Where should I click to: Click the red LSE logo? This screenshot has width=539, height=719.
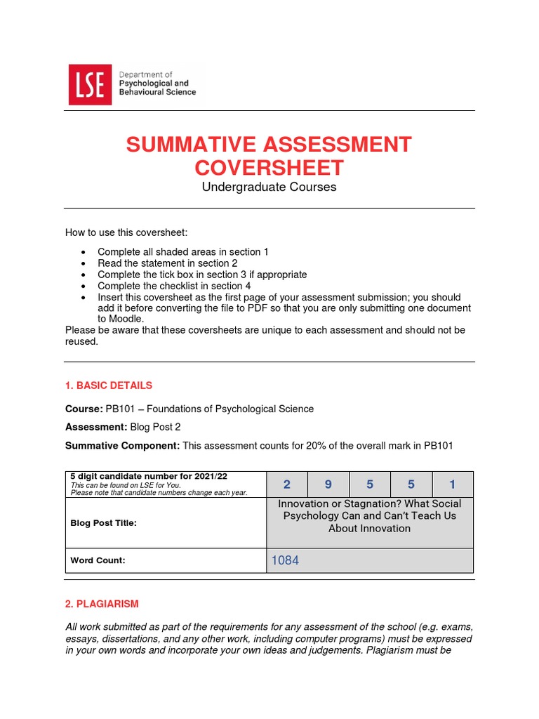point(89,84)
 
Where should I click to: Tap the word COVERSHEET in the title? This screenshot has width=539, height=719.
point(269,168)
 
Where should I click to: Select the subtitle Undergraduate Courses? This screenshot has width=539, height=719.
point(269,187)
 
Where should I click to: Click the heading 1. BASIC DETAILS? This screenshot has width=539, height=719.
point(108,385)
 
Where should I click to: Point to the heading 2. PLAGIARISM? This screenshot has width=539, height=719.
point(102,604)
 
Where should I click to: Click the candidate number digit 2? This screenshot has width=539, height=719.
point(286,484)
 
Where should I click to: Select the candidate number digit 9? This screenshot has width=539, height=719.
point(328,484)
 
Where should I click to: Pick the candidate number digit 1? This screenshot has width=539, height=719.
point(452,484)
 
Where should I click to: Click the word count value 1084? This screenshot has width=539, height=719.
point(285,560)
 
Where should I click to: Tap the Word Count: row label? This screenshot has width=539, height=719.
point(98,560)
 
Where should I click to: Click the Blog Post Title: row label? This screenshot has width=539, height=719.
point(103,523)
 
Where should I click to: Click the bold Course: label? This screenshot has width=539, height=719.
point(84,409)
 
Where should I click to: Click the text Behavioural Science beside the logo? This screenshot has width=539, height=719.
point(158,92)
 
